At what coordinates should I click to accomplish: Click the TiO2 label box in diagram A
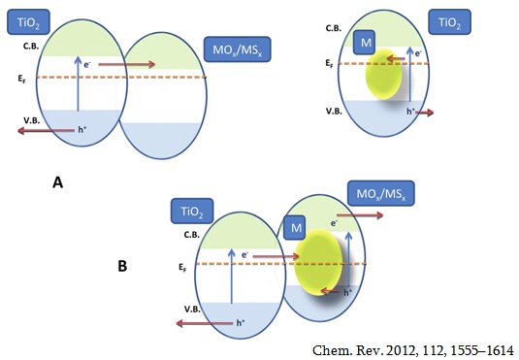(28, 22)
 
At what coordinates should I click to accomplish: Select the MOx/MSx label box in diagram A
(238, 49)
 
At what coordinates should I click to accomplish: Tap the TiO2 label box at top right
(449, 22)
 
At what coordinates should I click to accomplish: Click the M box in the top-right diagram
(364, 42)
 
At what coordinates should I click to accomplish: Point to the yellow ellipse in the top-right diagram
(383, 74)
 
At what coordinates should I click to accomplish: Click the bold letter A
(57, 182)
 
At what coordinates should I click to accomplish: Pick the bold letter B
(122, 266)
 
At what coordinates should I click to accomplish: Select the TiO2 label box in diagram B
(192, 211)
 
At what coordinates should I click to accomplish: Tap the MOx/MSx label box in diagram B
(381, 193)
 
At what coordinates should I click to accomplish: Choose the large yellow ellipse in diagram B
(318, 262)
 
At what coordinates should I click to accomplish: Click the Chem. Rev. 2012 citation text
(412, 350)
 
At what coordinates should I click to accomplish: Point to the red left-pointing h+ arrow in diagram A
(46, 130)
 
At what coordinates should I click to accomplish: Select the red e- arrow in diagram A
(127, 64)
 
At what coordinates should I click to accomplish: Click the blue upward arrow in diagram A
(78, 83)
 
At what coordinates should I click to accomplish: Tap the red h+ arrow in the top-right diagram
(424, 113)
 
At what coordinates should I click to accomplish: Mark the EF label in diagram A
(22, 80)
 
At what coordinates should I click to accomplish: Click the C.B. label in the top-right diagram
(334, 28)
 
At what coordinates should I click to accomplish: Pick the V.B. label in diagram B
(192, 310)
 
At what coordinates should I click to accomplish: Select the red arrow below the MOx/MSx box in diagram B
(360, 215)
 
